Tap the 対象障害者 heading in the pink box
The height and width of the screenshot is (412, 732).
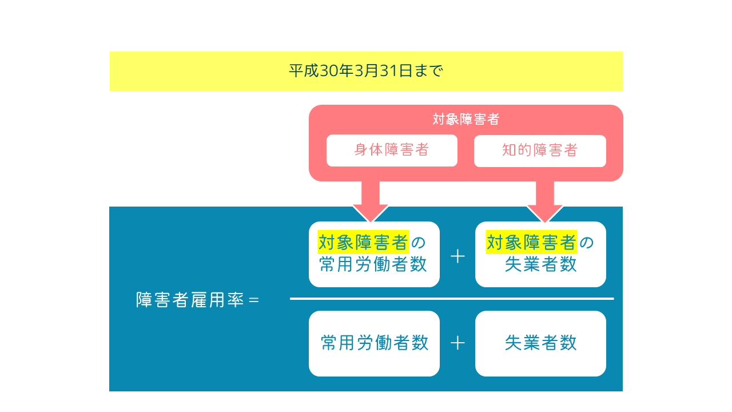click(466, 120)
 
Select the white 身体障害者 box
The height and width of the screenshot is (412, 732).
click(392, 150)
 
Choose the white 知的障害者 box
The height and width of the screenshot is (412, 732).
click(540, 150)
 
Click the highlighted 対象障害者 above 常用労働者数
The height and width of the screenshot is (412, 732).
click(363, 243)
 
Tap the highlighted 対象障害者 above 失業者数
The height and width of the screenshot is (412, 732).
click(531, 243)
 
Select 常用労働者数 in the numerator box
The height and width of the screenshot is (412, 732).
click(373, 265)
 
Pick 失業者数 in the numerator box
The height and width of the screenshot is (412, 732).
click(540, 265)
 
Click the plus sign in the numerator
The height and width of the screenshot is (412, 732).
click(457, 256)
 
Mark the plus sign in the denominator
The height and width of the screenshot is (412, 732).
click(457, 343)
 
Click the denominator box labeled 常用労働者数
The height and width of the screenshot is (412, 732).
click(374, 343)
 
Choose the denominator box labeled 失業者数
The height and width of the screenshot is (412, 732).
click(540, 343)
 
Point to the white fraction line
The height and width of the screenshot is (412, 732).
click(452, 299)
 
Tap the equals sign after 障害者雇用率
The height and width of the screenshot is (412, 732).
click(254, 300)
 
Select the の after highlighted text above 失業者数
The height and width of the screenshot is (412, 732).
click(587, 243)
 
